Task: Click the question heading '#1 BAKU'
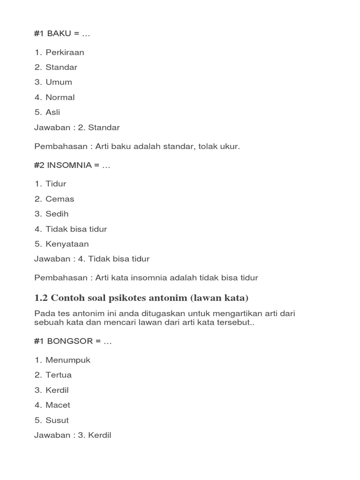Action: [x=61, y=34]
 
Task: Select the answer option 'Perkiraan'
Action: [x=65, y=52]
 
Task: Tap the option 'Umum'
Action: [x=59, y=82]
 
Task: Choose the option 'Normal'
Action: [x=60, y=97]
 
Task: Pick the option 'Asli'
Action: [x=52, y=112]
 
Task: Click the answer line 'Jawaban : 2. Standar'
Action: [x=77, y=127]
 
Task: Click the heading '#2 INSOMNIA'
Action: [x=72, y=165]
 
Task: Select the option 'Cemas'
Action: [x=60, y=199]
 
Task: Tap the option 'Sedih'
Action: [x=57, y=214]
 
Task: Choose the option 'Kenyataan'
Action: [x=67, y=244]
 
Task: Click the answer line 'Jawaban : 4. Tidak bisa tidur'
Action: [x=92, y=259]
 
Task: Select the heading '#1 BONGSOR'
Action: [x=73, y=341]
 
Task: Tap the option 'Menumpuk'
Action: [x=67, y=360]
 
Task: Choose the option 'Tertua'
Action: [x=59, y=375]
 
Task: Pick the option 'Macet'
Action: [x=58, y=405]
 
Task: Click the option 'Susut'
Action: [x=57, y=420]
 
